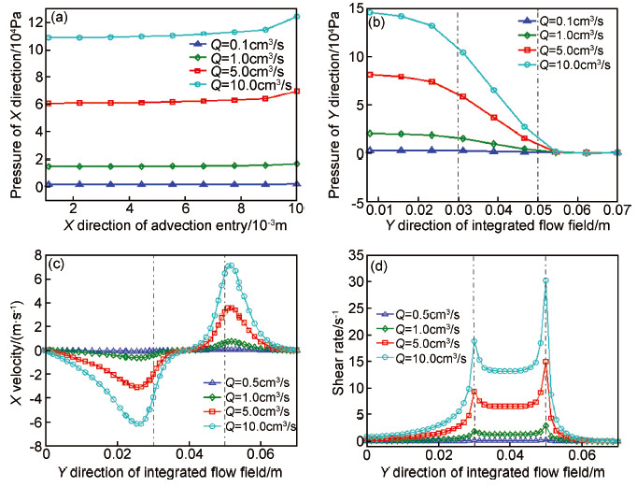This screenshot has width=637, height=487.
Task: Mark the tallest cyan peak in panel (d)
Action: tap(545, 280)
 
